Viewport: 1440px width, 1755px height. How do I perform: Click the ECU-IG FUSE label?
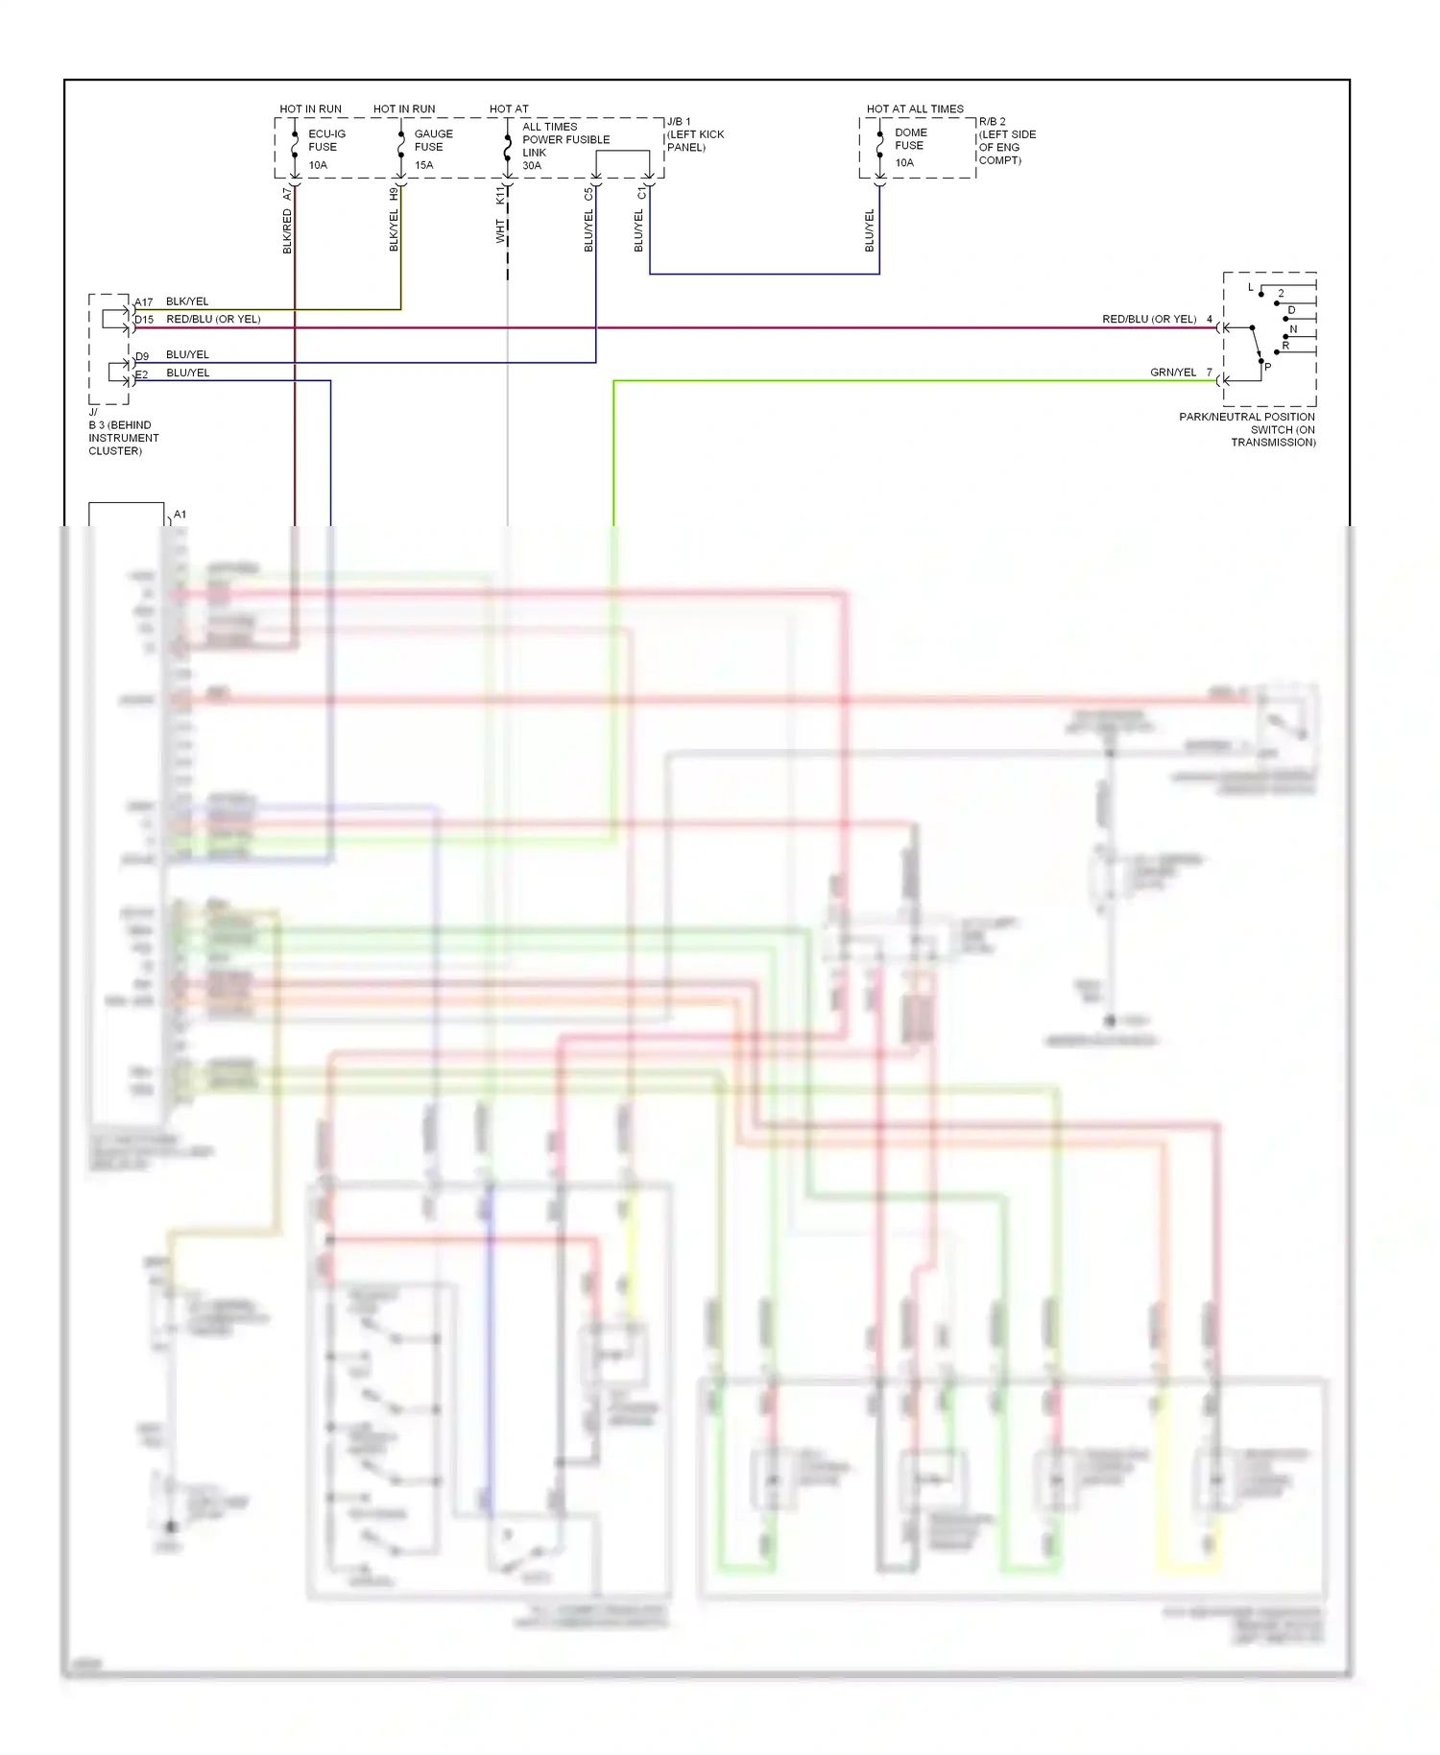point(326,140)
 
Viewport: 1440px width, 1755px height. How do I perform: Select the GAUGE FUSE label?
point(433,140)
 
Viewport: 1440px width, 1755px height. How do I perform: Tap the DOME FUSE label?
point(910,139)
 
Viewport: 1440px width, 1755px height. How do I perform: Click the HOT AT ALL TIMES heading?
point(915,108)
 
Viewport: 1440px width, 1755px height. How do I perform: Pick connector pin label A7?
point(287,194)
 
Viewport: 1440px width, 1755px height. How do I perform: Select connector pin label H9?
point(394,194)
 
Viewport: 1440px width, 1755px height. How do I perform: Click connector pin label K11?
point(500,195)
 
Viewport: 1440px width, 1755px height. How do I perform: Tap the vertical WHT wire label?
point(500,231)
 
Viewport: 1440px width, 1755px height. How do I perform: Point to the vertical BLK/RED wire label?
point(287,231)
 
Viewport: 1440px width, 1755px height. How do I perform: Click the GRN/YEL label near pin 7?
point(1173,373)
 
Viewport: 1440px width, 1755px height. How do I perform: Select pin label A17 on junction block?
point(144,302)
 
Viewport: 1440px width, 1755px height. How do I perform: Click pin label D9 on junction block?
point(142,356)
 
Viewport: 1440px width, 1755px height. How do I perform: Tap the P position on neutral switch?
point(1267,367)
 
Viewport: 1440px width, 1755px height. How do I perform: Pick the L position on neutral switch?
point(1250,287)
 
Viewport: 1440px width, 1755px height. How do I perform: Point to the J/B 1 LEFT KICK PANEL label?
point(695,134)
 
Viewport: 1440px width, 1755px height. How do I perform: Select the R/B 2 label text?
point(993,122)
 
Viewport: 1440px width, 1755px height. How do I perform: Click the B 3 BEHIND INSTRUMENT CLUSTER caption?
point(123,437)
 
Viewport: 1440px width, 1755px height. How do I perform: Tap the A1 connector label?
point(180,515)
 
